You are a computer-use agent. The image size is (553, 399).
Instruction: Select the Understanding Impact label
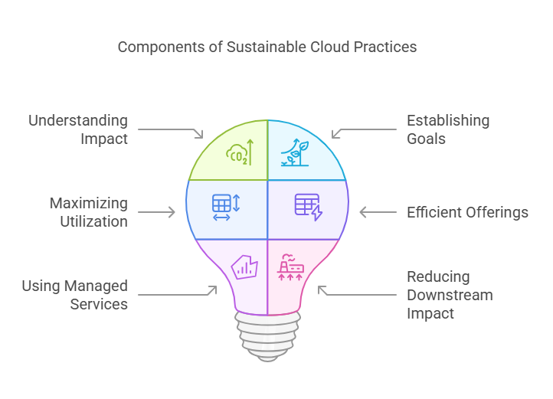(x=78, y=129)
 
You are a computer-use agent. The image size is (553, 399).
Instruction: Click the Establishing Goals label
(x=448, y=129)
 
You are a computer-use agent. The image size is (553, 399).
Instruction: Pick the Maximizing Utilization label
(x=89, y=212)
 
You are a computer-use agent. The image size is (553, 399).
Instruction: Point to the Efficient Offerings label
(x=467, y=212)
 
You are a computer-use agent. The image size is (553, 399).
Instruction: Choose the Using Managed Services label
(x=75, y=295)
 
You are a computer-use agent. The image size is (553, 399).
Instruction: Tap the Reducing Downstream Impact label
(x=450, y=295)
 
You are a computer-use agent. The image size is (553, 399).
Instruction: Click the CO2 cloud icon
(x=240, y=152)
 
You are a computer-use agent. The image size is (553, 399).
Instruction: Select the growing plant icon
(x=295, y=152)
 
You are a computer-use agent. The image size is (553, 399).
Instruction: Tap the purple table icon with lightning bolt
(x=309, y=207)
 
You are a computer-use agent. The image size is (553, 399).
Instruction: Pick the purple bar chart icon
(x=244, y=267)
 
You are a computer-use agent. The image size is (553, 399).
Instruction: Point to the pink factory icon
(x=290, y=267)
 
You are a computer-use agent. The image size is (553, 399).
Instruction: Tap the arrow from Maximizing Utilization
(x=156, y=212)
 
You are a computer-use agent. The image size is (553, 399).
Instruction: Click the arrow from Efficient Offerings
(x=378, y=212)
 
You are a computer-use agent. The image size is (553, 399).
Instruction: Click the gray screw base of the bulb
(x=267, y=337)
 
